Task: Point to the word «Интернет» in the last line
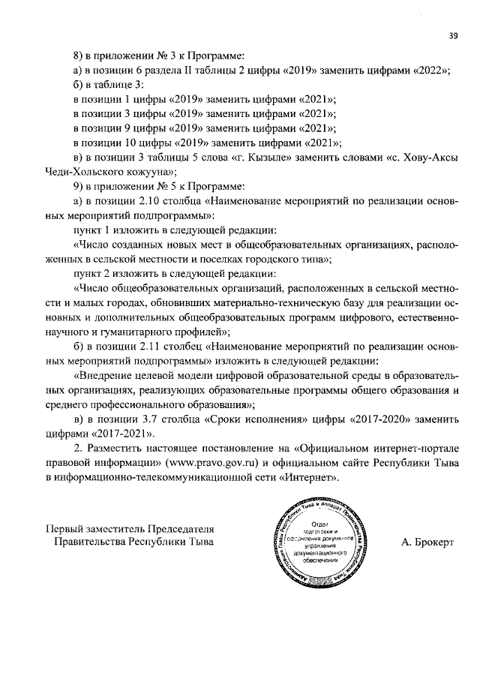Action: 312,477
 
